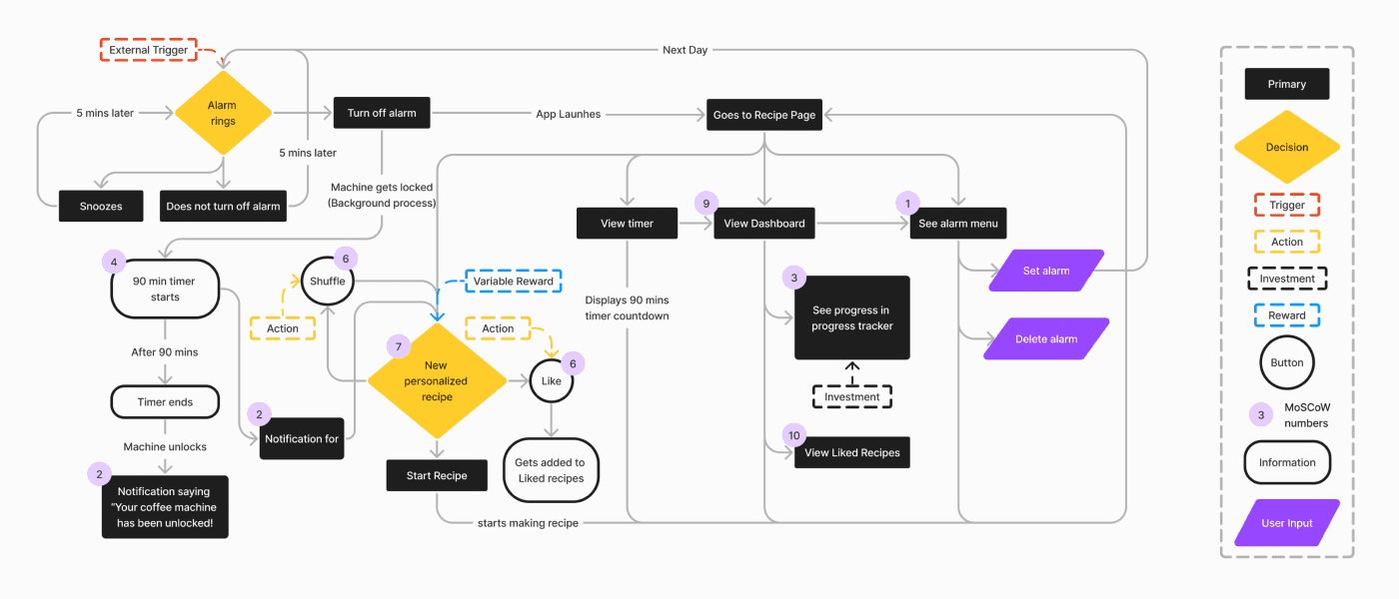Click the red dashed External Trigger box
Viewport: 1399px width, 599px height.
click(149, 50)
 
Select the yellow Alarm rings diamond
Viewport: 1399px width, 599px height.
click(223, 113)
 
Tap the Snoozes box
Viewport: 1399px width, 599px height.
click(101, 206)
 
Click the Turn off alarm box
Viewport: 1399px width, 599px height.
click(382, 113)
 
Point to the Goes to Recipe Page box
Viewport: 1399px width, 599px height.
click(764, 115)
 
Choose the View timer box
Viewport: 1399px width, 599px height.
click(628, 224)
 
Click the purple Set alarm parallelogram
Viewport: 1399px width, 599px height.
click(1046, 271)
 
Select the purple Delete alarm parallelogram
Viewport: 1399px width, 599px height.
click(1046, 338)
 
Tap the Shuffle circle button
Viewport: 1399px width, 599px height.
click(328, 281)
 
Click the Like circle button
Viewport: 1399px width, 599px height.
click(551, 380)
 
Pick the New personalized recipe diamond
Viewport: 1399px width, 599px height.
click(437, 380)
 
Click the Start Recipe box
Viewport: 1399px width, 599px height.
click(437, 475)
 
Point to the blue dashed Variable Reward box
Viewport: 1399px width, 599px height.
click(514, 281)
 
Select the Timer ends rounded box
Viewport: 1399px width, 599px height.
click(165, 401)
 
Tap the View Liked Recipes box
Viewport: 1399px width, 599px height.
click(851, 452)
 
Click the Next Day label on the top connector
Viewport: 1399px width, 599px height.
click(686, 50)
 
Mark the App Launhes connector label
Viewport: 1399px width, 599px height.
click(569, 114)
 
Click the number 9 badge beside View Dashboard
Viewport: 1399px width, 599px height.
click(706, 204)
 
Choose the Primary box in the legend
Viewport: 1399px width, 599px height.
click(1287, 84)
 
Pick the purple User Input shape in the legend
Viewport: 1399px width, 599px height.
click(1287, 523)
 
